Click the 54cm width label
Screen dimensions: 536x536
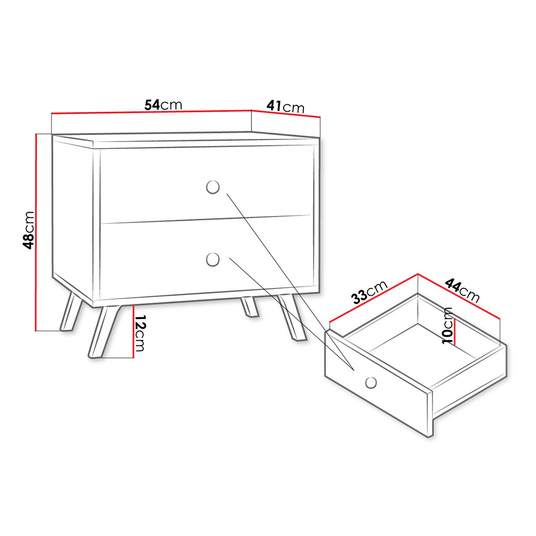(x=163, y=105)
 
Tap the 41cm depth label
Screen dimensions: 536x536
(x=286, y=106)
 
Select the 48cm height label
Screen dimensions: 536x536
(x=29, y=230)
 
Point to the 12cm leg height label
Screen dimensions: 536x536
(x=139, y=333)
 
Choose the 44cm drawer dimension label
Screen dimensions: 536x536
(x=462, y=291)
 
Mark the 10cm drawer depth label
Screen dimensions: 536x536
(x=448, y=325)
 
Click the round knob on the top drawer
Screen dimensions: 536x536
(x=213, y=187)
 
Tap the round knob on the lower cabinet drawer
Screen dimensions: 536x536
(x=213, y=259)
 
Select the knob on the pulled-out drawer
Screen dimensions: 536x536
(x=371, y=382)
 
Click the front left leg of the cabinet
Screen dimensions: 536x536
(x=105, y=332)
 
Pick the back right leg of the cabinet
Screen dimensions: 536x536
(x=250, y=307)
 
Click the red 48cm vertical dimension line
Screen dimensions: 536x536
(x=36, y=233)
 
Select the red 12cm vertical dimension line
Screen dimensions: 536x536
(x=133, y=332)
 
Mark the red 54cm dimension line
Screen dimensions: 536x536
(x=152, y=111)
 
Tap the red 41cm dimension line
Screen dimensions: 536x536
(x=286, y=114)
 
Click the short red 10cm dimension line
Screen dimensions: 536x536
(x=455, y=331)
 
